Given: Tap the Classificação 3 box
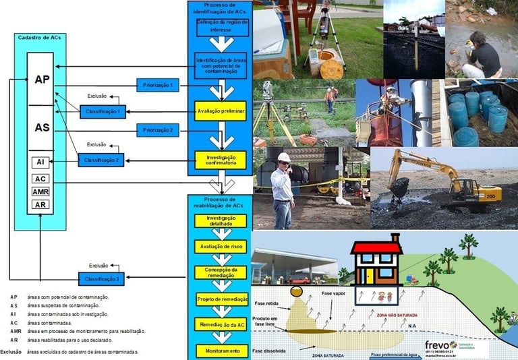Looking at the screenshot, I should pos(103,278).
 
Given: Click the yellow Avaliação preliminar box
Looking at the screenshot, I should pos(221,110).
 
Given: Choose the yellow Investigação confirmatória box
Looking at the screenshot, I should pos(221,160).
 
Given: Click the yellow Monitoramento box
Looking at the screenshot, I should pos(221,351).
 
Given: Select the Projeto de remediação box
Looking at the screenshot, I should pos(221,299).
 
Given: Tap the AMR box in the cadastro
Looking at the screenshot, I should pos(40,191).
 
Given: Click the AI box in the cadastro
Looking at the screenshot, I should pos(40,162).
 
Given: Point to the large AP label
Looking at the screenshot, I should pos(42,79).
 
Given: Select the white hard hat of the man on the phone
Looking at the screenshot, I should pos(284,157).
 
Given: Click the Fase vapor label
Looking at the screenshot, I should pos(334,295).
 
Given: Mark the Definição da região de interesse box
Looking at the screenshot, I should pos(222,27).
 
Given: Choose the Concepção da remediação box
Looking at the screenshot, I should pos(221,272).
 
